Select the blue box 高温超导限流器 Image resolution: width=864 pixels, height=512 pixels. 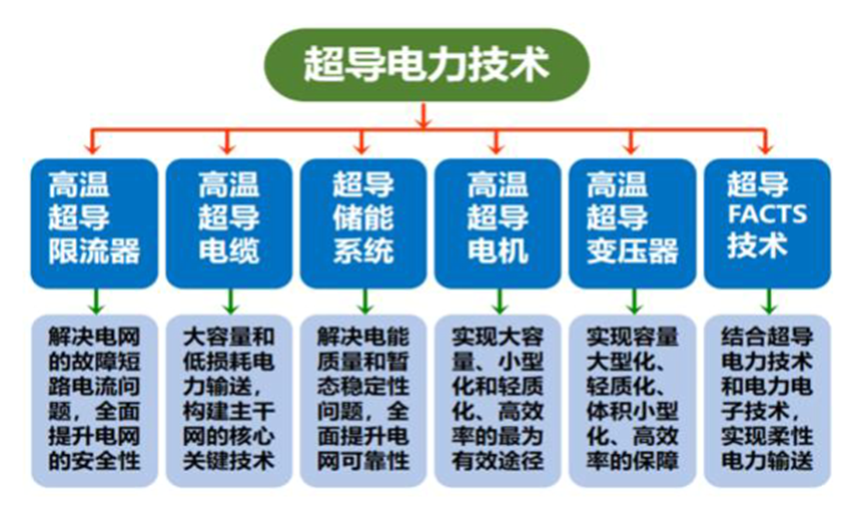[95, 217]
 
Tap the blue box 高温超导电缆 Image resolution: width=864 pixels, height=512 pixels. [229, 217]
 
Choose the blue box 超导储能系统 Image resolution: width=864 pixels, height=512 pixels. [363, 217]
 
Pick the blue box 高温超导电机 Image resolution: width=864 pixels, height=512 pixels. [496, 217]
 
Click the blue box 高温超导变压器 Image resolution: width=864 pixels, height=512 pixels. [631, 217]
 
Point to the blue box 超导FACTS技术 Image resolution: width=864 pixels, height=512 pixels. [767, 217]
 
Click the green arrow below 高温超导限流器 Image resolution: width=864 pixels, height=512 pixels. [95, 298]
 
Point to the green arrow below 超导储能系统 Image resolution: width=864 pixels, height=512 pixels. [363, 298]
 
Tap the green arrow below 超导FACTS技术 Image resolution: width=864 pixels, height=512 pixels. [767, 298]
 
